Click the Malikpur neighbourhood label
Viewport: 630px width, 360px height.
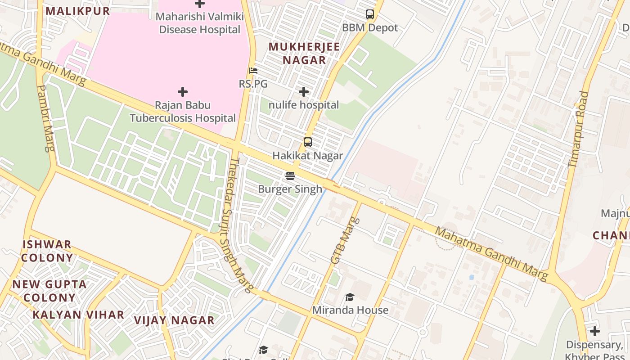point(78,11)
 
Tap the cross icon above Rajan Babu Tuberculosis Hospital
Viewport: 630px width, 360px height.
point(183,92)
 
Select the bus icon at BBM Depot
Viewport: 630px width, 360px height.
point(370,14)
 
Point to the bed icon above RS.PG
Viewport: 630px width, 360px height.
point(253,71)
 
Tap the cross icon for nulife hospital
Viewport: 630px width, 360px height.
point(304,92)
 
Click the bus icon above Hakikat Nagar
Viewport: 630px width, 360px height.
point(308,142)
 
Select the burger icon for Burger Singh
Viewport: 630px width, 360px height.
point(290,176)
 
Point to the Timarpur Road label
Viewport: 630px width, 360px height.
point(578,130)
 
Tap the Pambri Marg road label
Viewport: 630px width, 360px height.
point(45,118)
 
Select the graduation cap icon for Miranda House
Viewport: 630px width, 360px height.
point(350,297)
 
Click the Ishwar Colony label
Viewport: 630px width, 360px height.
point(47,251)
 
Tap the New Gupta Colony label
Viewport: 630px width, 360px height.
point(49,291)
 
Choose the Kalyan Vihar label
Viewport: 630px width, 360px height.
point(78,315)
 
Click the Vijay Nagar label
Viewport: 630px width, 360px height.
point(174,320)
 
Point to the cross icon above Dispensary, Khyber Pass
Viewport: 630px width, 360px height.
point(595,332)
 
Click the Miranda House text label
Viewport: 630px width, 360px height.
point(350,310)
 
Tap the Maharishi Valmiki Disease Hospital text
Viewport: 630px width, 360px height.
point(200,23)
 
